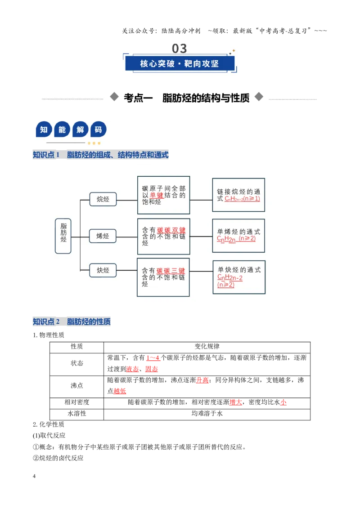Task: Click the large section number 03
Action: pos(180,49)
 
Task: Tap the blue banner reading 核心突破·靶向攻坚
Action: pos(180,63)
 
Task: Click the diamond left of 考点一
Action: pos(114,97)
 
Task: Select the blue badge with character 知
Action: pos(44,130)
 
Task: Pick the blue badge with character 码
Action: pos(98,130)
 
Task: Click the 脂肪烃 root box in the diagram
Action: pos(63,236)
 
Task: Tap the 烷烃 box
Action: pos(103,199)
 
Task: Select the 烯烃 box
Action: pos(103,236)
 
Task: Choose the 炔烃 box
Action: pos(103,270)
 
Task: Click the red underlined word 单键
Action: pos(156,195)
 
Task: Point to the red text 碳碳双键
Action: pos(171,230)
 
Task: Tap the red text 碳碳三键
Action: pos(171,270)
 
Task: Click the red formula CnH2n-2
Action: pos(229,277)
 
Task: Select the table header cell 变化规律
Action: pos(207,347)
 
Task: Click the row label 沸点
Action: pos(76,386)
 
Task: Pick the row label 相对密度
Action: pos(76,402)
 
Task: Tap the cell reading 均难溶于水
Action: pos(207,414)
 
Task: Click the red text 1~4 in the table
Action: pos(153,358)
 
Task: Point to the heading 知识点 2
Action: pos(46,321)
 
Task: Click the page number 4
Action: pos(34,476)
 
